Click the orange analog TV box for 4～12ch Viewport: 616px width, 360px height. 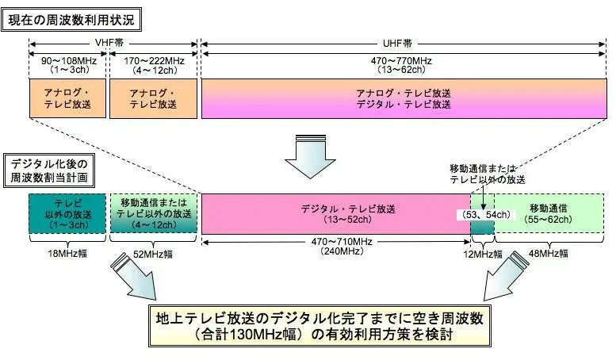154,98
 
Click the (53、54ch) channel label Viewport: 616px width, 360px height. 485,215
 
